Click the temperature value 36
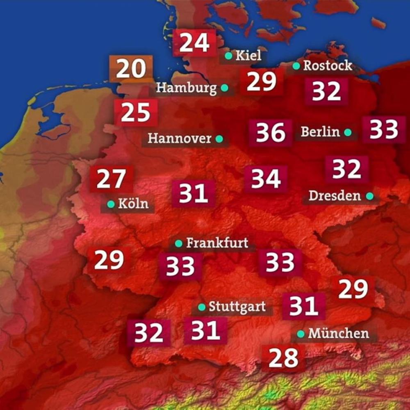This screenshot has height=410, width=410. pyautogui.click(x=270, y=132)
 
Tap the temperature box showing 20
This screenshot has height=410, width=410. pyautogui.click(x=131, y=68)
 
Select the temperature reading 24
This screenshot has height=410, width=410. pyautogui.click(x=194, y=43)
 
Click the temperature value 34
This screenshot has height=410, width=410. pyautogui.click(x=266, y=179)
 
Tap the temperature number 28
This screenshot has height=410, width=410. pyautogui.click(x=283, y=358)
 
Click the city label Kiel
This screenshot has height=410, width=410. pyautogui.click(x=248, y=55)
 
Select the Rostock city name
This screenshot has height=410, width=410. pyautogui.click(x=327, y=66)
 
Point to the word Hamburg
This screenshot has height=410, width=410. pyautogui.click(x=187, y=88)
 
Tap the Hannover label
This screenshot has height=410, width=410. pyautogui.click(x=180, y=139)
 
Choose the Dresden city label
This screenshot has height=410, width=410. pyautogui.click(x=335, y=196)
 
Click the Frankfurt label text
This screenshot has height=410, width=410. pyautogui.click(x=217, y=243)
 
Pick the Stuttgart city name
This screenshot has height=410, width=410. pyautogui.click(x=237, y=307)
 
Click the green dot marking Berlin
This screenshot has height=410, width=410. pyautogui.click(x=348, y=132)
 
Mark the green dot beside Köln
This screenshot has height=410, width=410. pyautogui.click(x=110, y=204)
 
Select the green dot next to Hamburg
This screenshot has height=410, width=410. pyautogui.click(x=224, y=88)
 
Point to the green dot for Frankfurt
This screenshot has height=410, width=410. pyautogui.click(x=178, y=244)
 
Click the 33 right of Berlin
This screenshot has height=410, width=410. pyautogui.click(x=384, y=130)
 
